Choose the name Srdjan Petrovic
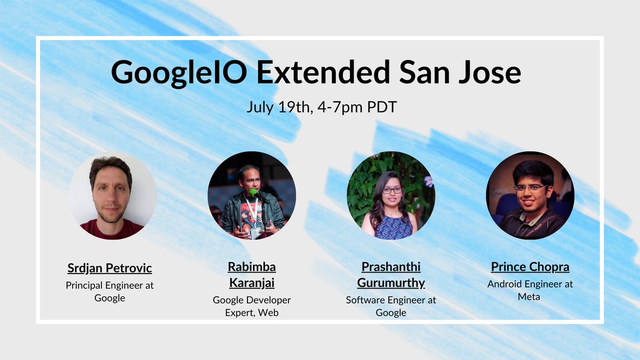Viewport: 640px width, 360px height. pos(109,267)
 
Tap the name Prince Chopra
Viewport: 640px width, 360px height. pos(530,266)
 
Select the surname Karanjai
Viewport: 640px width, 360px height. pos(252,283)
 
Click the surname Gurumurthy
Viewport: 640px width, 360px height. pos(391,283)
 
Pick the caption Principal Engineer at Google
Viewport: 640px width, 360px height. pos(109,291)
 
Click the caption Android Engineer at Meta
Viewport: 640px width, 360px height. pos(530,290)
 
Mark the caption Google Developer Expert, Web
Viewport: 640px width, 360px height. pos(252,306)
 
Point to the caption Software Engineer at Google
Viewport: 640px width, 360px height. pos(391,306)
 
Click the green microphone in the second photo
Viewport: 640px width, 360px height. pos(254,193)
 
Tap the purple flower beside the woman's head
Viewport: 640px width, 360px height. pos(428,181)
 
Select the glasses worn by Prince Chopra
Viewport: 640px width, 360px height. pos(530,188)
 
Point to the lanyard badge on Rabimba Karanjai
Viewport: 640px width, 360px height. pos(255,233)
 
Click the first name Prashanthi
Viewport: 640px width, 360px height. pos(391,266)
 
